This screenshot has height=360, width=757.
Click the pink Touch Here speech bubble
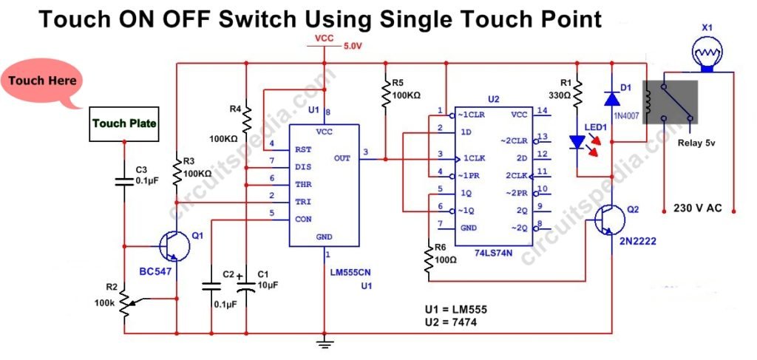[x=42, y=80]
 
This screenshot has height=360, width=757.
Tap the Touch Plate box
[x=124, y=123]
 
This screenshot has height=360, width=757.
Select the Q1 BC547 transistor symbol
[x=172, y=246]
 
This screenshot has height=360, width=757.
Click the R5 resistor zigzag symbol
[x=384, y=93]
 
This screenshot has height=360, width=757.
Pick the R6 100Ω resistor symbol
[x=428, y=259]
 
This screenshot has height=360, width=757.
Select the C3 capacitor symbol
[x=124, y=180]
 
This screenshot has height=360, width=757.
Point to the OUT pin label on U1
[x=342, y=157]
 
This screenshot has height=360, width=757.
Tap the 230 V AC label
[x=698, y=209]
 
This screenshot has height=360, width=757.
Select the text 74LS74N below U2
[x=491, y=252]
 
